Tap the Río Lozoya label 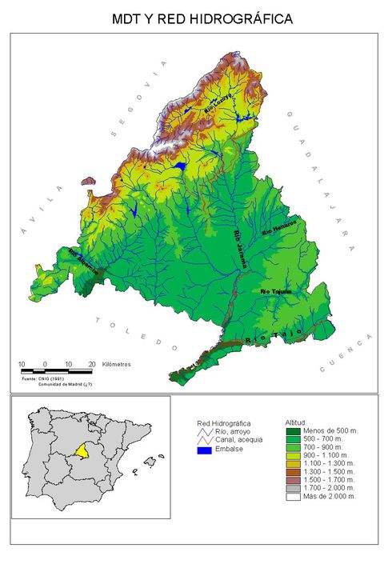218,102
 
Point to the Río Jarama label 239,249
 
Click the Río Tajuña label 276,292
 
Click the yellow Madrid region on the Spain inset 80,452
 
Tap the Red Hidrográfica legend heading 224,422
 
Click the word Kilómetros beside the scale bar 116,364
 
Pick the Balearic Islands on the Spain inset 149,462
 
